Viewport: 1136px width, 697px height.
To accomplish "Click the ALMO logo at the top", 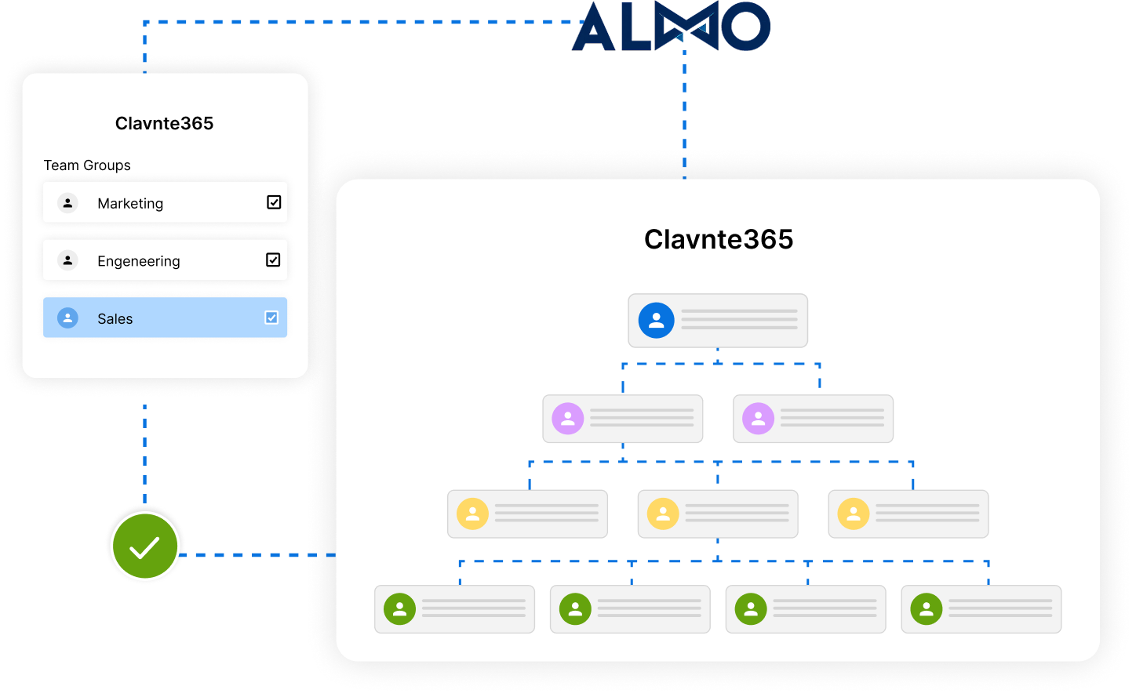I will (671, 27).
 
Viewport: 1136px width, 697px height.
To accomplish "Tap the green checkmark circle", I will (145, 546).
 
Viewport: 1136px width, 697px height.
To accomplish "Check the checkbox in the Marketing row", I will (274, 202).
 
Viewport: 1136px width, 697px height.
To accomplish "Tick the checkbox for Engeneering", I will (273, 260).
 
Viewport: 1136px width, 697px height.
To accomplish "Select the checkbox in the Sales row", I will (271, 318).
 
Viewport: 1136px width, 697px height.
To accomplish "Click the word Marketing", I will (130, 204).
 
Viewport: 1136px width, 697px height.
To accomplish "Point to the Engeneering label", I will (139, 261).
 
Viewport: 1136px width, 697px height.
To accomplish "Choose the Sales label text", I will (115, 319).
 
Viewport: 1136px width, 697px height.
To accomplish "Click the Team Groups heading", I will (87, 165).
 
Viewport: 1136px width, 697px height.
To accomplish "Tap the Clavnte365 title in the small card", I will (165, 123).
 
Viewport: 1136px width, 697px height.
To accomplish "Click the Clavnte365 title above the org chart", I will (719, 239).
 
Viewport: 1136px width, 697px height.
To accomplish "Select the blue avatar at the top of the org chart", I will (657, 321).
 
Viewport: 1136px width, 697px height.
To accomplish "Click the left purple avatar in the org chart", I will (568, 419).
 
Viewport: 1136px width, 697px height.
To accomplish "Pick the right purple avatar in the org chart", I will (759, 419).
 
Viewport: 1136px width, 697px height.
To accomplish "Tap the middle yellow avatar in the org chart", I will (663, 514).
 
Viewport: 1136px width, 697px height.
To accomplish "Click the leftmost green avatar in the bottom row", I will (399, 609).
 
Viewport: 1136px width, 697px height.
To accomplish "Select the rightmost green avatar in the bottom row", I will (927, 609).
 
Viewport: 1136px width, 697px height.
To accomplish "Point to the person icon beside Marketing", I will (68, 203).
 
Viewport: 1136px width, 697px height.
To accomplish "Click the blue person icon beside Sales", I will (68, 318).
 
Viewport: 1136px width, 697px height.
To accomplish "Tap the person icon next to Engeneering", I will (68, 260).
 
